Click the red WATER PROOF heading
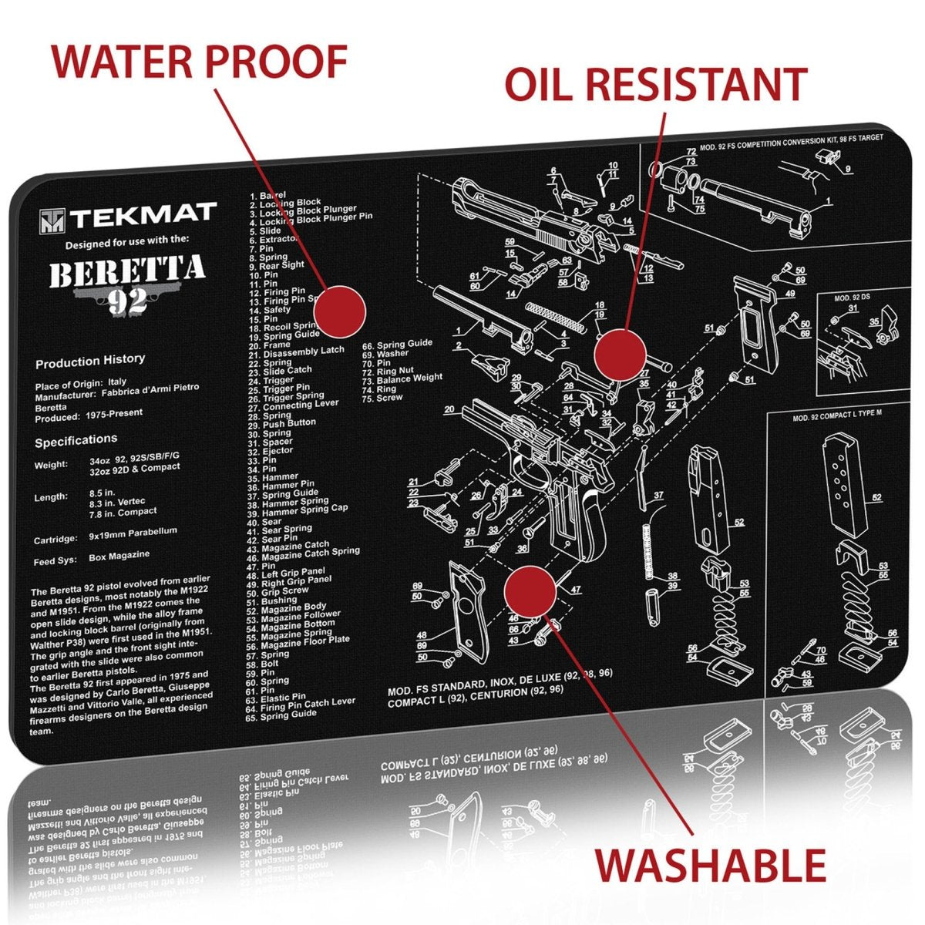[199, 62]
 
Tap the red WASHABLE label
[710, 865]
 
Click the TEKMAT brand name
[145, 217]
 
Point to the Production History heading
[90, 361]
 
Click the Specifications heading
[76, 440]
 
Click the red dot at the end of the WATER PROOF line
[339, 311]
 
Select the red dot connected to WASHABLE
[530, 591]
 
